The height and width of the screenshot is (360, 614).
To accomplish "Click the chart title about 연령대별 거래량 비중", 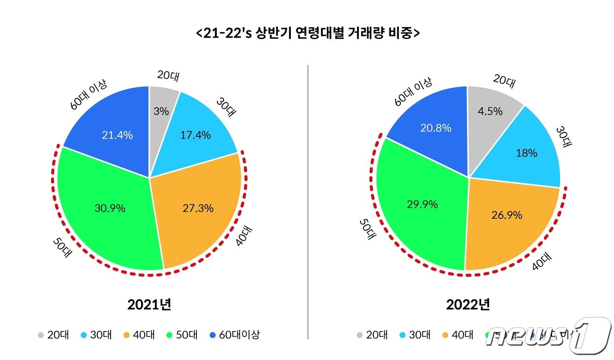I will tap(307, 33).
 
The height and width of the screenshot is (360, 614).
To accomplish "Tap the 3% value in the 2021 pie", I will tap(161, 111).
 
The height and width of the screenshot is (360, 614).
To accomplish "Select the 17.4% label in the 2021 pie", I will tap(195, 135).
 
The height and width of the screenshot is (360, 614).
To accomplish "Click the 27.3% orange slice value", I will tap(198, 208).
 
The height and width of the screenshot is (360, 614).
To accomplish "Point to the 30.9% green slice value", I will tap(110, 208).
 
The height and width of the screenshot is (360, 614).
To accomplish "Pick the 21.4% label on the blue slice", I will tap(117, 135).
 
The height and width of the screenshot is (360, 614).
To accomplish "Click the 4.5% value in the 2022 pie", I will tap(490, 111).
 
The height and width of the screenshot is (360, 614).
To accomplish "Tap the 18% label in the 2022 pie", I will tap(527, 153).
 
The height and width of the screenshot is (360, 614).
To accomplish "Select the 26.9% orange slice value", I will tap(507, 215).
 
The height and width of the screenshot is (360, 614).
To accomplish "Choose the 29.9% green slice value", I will tap(422, 204).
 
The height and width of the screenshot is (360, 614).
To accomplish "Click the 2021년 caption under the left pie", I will tap(149, 304).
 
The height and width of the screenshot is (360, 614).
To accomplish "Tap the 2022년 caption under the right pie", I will tap(468, 304).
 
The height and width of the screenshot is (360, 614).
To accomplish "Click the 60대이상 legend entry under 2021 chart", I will tap(234, 335).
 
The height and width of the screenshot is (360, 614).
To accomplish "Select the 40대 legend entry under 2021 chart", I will tap(139, 335).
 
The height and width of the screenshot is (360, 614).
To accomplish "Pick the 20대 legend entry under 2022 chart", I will tap(371, 335).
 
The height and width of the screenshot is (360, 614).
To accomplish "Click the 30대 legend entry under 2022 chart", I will tap(414, 335).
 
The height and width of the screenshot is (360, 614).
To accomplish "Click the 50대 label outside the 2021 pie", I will tap(62, 247).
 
